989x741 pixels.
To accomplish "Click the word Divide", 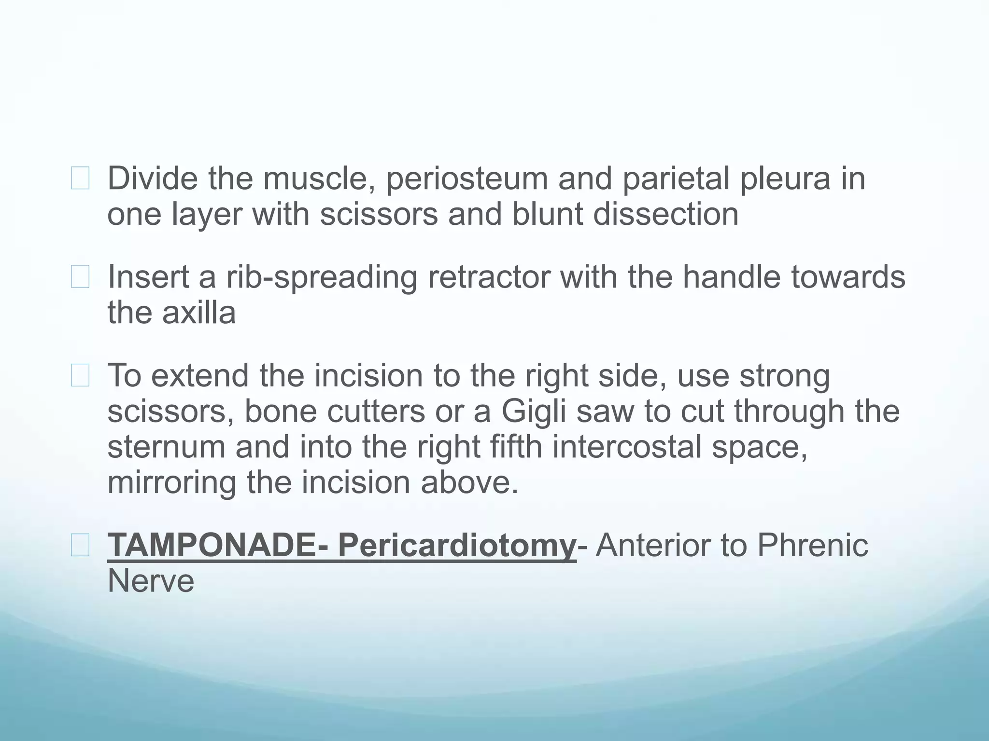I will (152, 178).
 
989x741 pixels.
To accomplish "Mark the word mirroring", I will (172, 483).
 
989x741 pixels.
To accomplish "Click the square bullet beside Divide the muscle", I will (80, 178).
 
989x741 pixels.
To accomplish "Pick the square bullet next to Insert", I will (80, 277).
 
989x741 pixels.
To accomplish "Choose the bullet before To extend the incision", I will (80, 376).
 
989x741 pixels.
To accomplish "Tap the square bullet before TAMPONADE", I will (80, 546).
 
